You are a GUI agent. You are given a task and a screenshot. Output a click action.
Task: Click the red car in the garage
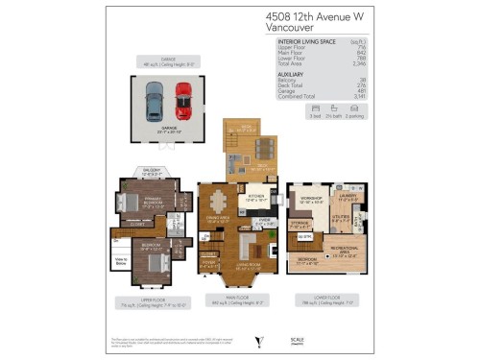pyautogui.click(x=182, y=101)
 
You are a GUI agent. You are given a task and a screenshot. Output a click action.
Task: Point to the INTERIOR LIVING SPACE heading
pyautogui.click(x=306, y=42)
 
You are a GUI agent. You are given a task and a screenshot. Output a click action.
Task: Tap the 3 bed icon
pyautogui.click(x=314, y=113)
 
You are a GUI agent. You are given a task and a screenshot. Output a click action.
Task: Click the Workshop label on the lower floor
pyautogui.click(x=310, y=199)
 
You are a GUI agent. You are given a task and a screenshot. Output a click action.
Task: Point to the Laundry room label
pyautogui.click(x=347, y=195)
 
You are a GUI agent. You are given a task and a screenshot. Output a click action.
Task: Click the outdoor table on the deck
pyautogui.click(x=264, y=148)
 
